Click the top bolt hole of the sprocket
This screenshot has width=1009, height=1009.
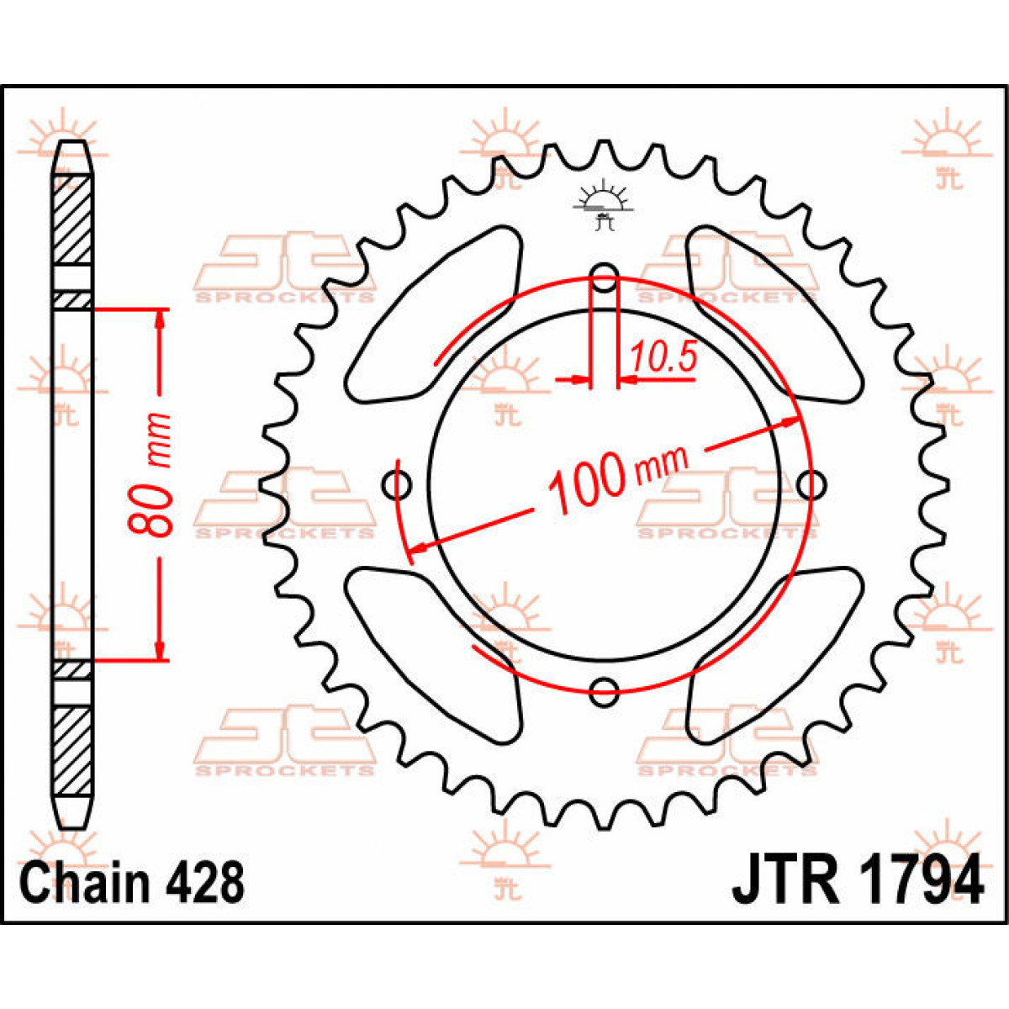[x=605, y=277]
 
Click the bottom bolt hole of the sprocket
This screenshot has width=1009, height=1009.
[x=605, y=692]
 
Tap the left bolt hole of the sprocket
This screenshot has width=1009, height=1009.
[x=397, y=485]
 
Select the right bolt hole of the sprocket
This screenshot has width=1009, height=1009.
[x=812, y=485]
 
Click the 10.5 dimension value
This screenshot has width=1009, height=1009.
[x=664, y=356]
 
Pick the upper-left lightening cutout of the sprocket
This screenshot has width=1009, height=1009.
[x=434, y=315]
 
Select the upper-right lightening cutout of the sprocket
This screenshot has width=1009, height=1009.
[x=774, y=315]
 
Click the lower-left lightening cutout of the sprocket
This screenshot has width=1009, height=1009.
[x=434, y=655]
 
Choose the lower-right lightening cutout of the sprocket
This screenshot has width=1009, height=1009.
[x=774, y=655]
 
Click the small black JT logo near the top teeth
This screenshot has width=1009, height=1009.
[x=604, y=205]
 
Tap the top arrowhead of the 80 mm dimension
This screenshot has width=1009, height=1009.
[x=160, y=320]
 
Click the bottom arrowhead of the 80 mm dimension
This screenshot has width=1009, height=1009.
[x=160, y=651]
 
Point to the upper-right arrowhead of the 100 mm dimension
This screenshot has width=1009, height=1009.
[x=790, y=421]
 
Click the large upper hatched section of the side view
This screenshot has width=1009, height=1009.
[x=72, y=220]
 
